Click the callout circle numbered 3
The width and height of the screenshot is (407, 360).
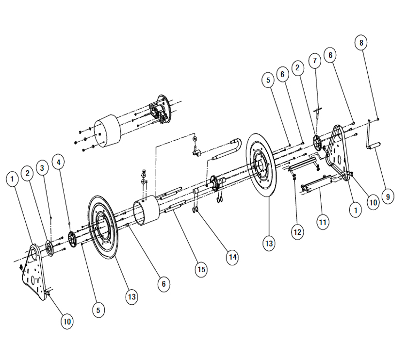tap(42, 168)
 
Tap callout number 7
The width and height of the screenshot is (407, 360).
tap(315, 61)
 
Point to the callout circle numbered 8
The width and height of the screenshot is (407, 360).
tap(360, 42)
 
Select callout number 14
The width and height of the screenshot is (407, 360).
tap(233, 258)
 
